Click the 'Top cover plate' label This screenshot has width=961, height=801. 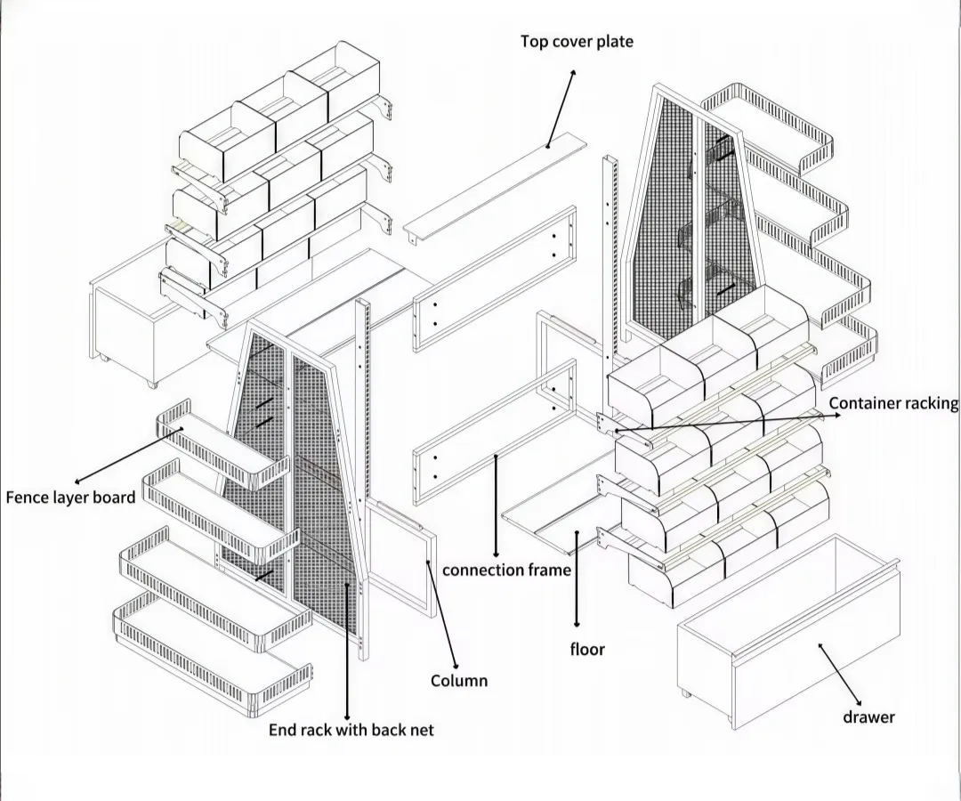pos(577,42)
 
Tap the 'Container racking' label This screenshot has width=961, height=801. pos(893,403)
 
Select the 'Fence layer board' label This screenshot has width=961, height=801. pos(70,497)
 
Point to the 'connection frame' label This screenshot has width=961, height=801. pos(506,570)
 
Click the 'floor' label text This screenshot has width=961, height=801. pos(587,649)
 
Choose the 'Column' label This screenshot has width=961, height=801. pos(459,681)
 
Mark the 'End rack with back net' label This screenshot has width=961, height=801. pos(351,730)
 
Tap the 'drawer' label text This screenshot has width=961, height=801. pos(868,716)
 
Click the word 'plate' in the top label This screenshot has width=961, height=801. pos(613,42)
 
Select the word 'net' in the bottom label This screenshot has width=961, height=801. pos(421,730)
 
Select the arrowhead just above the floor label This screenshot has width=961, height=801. pos(577,624)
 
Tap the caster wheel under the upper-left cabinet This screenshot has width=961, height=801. pos(150,384)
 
